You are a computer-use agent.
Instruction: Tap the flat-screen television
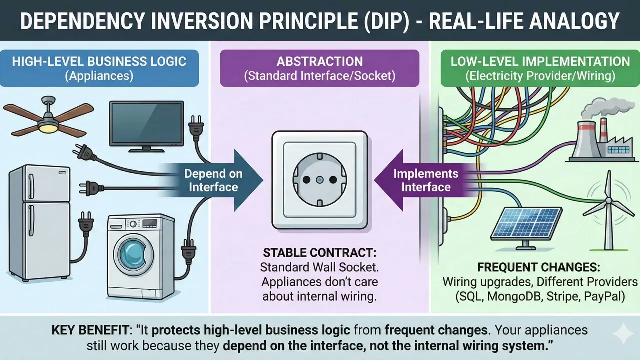[x=146, y=125]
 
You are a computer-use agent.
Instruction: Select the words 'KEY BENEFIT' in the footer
[x=80, y=331]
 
